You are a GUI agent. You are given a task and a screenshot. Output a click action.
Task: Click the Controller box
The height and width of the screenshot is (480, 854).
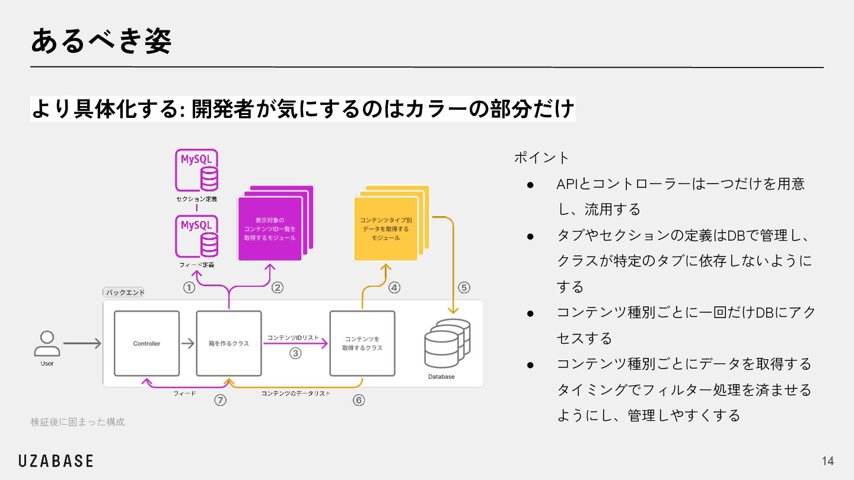[146, 343]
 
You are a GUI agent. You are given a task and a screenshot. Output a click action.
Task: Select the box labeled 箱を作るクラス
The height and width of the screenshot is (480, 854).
[229, 343]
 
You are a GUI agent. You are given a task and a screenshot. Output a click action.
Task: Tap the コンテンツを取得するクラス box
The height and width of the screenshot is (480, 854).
[362, 343]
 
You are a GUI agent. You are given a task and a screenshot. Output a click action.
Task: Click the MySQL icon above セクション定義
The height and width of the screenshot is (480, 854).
[197, 170]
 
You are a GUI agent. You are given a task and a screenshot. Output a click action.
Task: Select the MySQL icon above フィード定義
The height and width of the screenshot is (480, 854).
[197, 235]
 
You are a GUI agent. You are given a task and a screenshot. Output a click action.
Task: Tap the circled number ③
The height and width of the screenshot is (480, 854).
[295, 353]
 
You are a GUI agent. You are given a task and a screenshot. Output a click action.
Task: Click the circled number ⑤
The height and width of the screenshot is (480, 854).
[464, 288]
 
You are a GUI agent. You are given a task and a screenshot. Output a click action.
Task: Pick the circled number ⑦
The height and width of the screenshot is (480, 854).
[220, 401]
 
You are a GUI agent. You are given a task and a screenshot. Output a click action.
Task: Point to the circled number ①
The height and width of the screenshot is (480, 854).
[189, 288]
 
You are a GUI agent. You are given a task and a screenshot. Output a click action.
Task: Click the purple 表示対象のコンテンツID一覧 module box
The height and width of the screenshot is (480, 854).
[270, 229]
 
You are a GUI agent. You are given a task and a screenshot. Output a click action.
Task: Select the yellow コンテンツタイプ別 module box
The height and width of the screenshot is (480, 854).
[385, 229]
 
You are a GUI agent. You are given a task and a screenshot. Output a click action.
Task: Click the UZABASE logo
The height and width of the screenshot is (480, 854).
[55, 461]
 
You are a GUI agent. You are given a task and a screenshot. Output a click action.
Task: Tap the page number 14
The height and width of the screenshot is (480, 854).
[828, 461]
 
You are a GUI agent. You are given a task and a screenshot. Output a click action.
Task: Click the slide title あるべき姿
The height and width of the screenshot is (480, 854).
[101, 41]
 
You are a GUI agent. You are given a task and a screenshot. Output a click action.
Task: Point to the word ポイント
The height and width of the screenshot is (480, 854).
[541, 158]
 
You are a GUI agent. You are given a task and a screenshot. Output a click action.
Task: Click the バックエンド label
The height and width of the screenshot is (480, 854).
[125, 293]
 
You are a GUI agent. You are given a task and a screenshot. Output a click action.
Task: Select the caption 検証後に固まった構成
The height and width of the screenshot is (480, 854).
[78, 422]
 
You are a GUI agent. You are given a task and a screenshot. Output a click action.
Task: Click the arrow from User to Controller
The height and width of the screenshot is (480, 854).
[82, 343]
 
